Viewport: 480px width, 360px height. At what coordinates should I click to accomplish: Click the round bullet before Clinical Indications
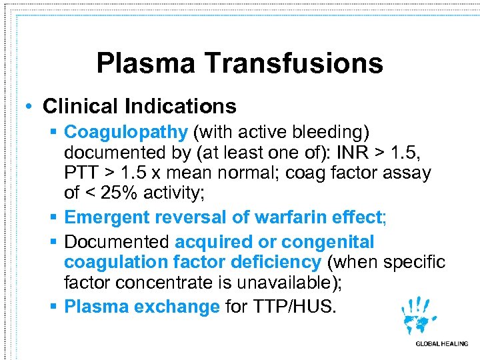pos(30,107)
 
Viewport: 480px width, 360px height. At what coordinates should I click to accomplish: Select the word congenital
pos(328,241)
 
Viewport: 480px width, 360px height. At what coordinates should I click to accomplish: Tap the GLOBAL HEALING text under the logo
pos(441,344)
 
